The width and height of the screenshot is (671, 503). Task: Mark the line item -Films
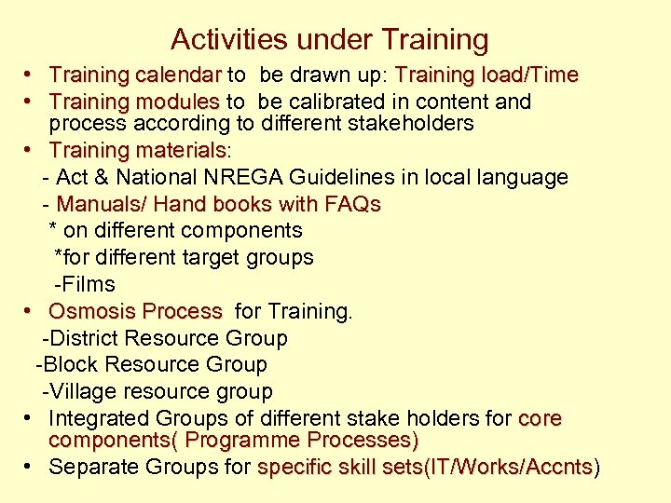[85, 284]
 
